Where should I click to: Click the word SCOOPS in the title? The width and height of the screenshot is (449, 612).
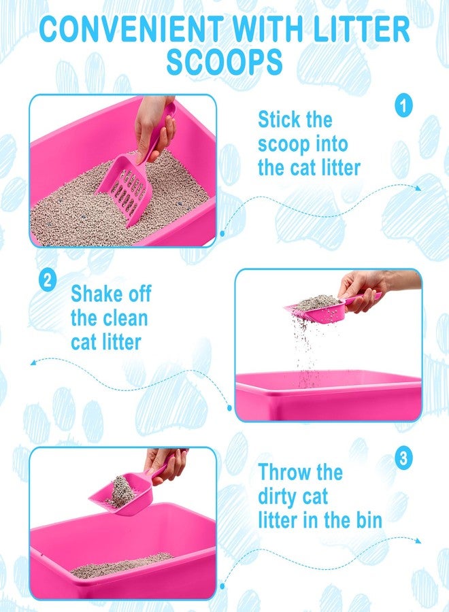(224, 62)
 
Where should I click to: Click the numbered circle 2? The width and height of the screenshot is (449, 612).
(47, 281)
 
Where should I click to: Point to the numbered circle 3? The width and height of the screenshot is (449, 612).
(403, 457)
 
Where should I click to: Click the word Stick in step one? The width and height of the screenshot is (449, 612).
(279, 120)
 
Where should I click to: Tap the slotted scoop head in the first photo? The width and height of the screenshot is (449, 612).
(124, 190)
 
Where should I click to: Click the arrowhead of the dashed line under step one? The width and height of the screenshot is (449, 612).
(418, 188)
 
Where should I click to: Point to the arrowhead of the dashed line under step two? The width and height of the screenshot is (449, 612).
(33, 362)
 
